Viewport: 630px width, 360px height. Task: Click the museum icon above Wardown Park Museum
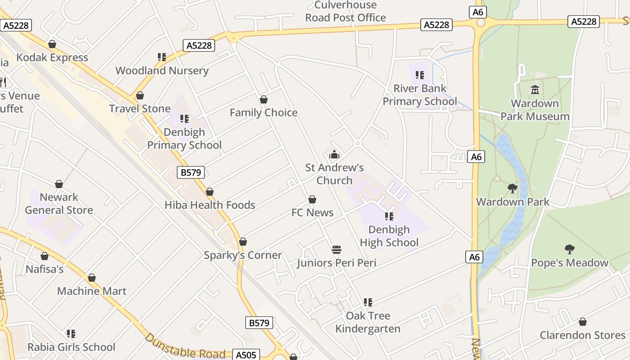[535, 90]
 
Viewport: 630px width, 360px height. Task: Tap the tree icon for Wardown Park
[512, 189]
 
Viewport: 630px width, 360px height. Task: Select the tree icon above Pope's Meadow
[569, 249]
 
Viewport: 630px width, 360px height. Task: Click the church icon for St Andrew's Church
[334, 155]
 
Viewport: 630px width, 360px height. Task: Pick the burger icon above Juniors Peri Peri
[337, 250]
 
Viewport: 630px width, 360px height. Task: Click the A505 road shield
[246, 355]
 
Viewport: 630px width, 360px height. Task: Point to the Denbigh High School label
[389, 236]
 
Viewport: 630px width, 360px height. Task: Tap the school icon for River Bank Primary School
[419, 75]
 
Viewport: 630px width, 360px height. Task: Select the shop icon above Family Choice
[264, 99]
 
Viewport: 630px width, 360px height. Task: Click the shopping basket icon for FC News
[312, 199]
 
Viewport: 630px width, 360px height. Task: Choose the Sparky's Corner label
[243, 255]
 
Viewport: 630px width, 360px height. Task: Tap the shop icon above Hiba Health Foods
[210, 192]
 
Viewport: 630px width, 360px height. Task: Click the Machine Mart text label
[92, 291]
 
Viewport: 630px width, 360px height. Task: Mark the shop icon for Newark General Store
[59, 184]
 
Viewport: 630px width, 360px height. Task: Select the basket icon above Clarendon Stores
[582, 322]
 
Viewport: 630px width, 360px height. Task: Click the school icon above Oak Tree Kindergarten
[368, 302]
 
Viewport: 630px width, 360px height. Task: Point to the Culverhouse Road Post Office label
[346, 12]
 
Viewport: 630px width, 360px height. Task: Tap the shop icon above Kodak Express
[52, 44]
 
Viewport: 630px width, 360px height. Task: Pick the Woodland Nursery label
[162, 71]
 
